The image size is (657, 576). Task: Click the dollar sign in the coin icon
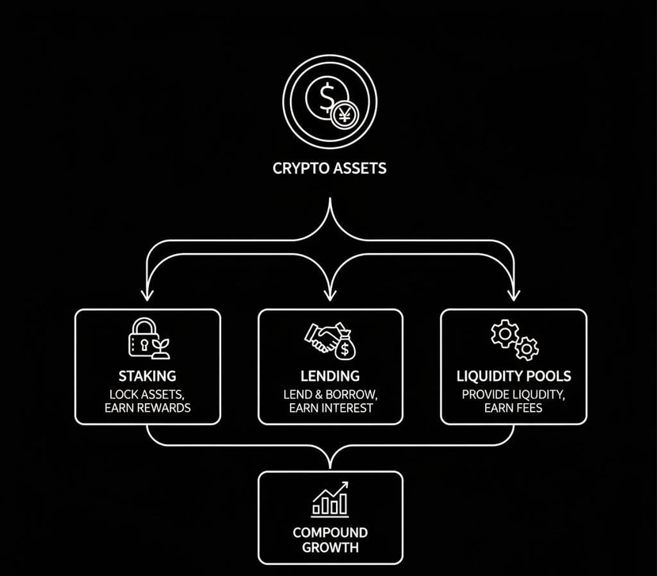click(326, 98)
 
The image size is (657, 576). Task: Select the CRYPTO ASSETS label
click(330, 168)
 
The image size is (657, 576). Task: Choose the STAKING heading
click(147, 375)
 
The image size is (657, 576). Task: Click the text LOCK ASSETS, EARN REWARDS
click(147, 401)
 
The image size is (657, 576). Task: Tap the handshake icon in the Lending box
click(321, 336)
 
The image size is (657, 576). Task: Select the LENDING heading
click(330, 375)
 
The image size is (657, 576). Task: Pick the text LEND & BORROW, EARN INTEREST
click(330, 401)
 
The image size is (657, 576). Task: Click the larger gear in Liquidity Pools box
click(504, 334)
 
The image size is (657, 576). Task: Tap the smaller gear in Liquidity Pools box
click(526, 348)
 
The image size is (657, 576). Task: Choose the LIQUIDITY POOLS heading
click(514, 375)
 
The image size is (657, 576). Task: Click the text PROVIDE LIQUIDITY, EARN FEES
click(514, 401)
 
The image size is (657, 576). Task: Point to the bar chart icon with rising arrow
click(330, 499)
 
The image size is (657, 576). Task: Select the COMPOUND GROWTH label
click(330, 540)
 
